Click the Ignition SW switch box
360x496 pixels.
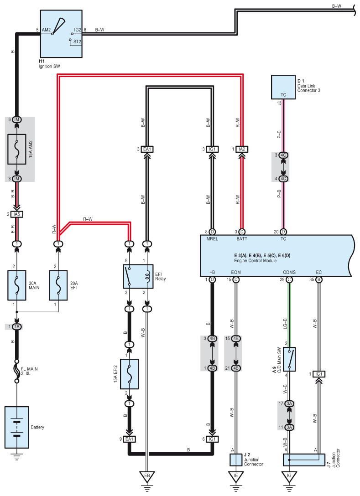tap(61, 34)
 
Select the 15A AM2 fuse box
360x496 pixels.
tap(17, 150)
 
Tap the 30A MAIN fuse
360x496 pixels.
tap(17, 285)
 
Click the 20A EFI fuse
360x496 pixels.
tap(58, 285)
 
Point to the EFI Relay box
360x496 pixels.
tap(138, 276)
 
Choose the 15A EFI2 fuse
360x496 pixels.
tap(129, 374)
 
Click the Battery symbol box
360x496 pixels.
tap(17, 427)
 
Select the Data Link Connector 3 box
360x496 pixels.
tap(283, 87)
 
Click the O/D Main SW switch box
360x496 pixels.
tap(289, 359)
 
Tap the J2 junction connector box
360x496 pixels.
tap(236, 460)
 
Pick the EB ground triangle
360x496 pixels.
tap(147, 476)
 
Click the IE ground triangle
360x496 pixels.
tap(236, 476)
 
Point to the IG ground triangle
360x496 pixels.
tap(289, 476)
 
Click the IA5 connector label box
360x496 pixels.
tap(17, 214)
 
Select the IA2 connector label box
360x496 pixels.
tap(242, 149)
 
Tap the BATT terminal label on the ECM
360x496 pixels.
tap(242, 239)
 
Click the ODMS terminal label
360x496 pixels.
tap(289, 272)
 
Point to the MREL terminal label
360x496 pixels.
tap(212, 239)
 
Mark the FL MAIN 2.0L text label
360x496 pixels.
tap(29, 371)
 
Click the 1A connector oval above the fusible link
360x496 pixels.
tap(17, 327)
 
